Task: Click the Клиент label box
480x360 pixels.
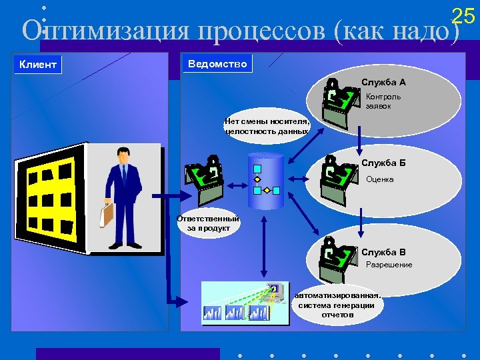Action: pyautogui.click(x=38, y=65)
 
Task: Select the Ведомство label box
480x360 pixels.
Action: pyautogui.click(x=217, y=64)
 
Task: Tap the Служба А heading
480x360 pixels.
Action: pyautogui.click(x=383, y=83)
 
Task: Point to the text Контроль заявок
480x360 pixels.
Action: pyautogui.click(x=383, y=101)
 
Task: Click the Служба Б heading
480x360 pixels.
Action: pyautogui.click(x=383, y=163)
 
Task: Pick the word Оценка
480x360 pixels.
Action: pyautogui.click(x=380, y=179)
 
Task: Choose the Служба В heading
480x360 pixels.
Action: pyautogui.click(x=383, y=252)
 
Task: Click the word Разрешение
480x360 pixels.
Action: pyautogui.click(x=389, y=265)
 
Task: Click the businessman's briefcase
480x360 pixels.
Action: pyautogui.click(x=107, y=213)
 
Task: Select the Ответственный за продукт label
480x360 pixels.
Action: pyautogui.click(x=207, y=223)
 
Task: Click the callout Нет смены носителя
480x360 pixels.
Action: pyautogui.click(x=267, y=126)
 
